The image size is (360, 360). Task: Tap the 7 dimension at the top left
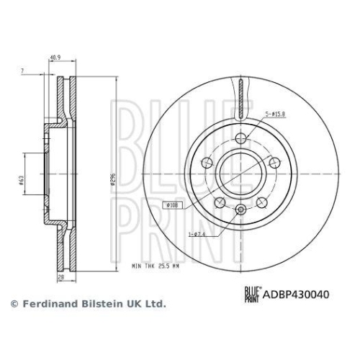tap(23, 71)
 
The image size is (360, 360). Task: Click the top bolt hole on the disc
tap(240, 139)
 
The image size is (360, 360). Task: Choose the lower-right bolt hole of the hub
tap(261, 204)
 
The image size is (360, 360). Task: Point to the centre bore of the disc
tap(240, 175)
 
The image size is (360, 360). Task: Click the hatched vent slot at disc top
tap(240, 97)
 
